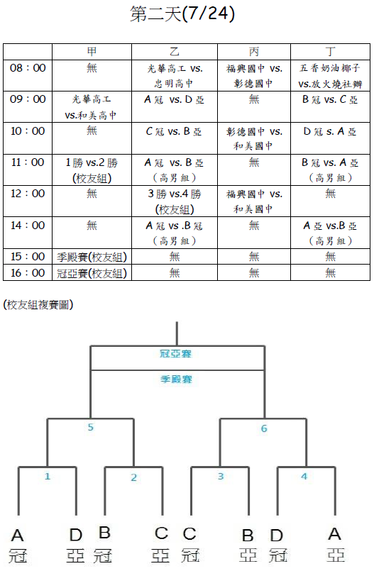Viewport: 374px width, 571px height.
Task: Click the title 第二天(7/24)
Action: click(182, 14)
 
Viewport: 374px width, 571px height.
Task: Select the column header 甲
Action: click(92, 52)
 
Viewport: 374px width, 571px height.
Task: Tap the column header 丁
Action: click(330, 52)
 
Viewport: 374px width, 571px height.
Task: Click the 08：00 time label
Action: click(28, 67)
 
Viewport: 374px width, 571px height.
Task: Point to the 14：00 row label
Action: click(28, 226)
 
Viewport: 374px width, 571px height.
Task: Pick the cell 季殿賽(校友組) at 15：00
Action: click(92, 257)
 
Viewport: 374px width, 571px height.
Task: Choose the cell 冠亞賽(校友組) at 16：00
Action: click(92, 273)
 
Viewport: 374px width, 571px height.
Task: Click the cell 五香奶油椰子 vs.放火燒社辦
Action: click(330, 76)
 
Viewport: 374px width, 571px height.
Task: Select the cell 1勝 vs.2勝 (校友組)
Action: click(92, 170)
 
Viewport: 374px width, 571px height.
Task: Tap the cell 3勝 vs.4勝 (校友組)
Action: click(175, 201)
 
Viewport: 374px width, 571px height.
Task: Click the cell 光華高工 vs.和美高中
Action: click(91, 107)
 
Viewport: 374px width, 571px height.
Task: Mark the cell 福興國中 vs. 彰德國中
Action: click(254, 76)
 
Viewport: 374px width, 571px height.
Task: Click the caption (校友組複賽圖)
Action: click(38, 304)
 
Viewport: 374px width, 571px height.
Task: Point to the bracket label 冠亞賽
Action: click(175, 354)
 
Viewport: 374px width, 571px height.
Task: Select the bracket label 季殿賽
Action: click(176, 379)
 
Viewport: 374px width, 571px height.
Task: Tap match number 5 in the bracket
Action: click(91, 427)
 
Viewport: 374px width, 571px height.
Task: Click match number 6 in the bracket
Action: click(264, 428)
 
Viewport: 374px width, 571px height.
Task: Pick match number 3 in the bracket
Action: click(221, 477)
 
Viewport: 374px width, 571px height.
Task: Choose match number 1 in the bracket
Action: click(48, 477)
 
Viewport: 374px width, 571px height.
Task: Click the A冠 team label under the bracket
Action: click(18, 545)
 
